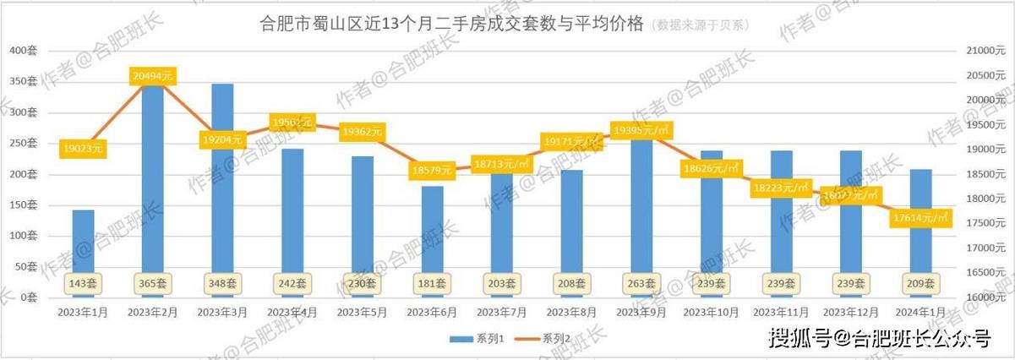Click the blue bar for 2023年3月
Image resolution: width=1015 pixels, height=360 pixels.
tap(222, 186)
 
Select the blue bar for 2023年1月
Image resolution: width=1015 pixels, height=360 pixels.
tap(83, 245)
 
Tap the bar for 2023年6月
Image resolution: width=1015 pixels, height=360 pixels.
tap(432, 237)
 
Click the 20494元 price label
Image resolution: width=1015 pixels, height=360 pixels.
tap(153, 76)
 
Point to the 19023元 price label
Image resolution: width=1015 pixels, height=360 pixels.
tap(83, 149)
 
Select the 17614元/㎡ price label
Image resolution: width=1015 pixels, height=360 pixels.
tap(921, 219)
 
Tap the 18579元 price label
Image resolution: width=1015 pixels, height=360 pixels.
tap(432, 171)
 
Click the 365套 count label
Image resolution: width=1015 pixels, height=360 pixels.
tap(153, 284)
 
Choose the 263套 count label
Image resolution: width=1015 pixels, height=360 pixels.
tap(641, 284)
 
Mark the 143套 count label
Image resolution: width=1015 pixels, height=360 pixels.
tap(83, 284)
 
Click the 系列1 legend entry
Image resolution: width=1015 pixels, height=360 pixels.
tap(477, 338)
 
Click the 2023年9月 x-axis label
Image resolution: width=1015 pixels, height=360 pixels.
tap(641, 312)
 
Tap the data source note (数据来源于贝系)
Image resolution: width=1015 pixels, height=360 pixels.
tap(700, 25)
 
